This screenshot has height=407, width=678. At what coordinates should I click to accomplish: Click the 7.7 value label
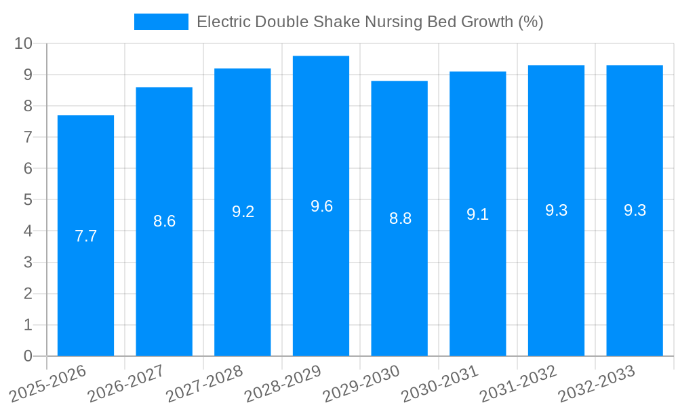[85, 236]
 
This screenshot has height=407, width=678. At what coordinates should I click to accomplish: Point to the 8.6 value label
[164, 221]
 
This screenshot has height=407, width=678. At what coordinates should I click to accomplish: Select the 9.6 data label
[321, 206]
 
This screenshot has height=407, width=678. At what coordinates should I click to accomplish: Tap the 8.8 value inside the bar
[400, 218]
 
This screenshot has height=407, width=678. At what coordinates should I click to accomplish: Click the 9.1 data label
[477, 214]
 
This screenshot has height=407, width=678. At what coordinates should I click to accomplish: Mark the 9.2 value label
[243, 212]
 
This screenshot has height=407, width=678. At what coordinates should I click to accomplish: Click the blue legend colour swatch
[161, 22]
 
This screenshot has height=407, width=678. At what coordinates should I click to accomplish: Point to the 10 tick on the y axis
[24, 43]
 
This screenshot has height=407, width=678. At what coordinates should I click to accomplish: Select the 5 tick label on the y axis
[28, 199]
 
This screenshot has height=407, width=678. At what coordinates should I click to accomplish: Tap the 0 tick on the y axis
[28, 356]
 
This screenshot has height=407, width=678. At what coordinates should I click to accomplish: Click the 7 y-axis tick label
[28, 137]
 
